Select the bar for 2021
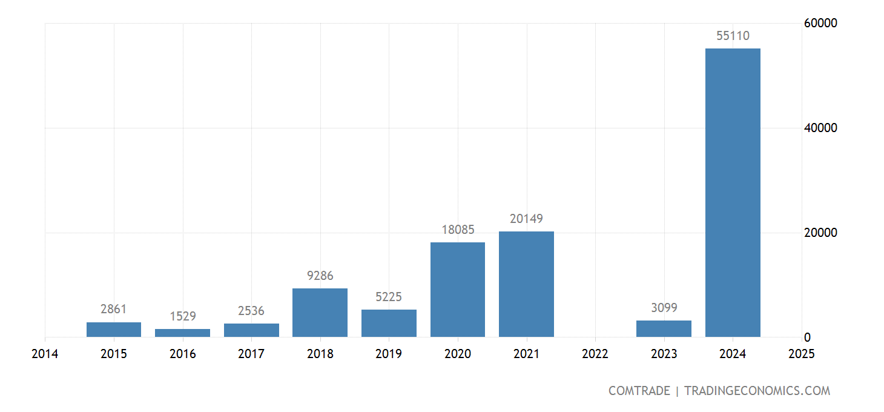526,284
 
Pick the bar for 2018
320,313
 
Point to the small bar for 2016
182,333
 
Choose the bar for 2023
664,328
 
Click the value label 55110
733,36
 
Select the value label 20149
526,219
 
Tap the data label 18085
458,230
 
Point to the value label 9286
320,276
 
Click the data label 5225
389,297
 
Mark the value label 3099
664,308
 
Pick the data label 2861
114,309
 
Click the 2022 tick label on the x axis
595,354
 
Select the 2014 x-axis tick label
45,354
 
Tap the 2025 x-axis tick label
802,354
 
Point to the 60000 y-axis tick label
820,23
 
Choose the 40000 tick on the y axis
820,128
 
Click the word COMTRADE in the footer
639,391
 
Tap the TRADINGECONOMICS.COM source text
757,391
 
